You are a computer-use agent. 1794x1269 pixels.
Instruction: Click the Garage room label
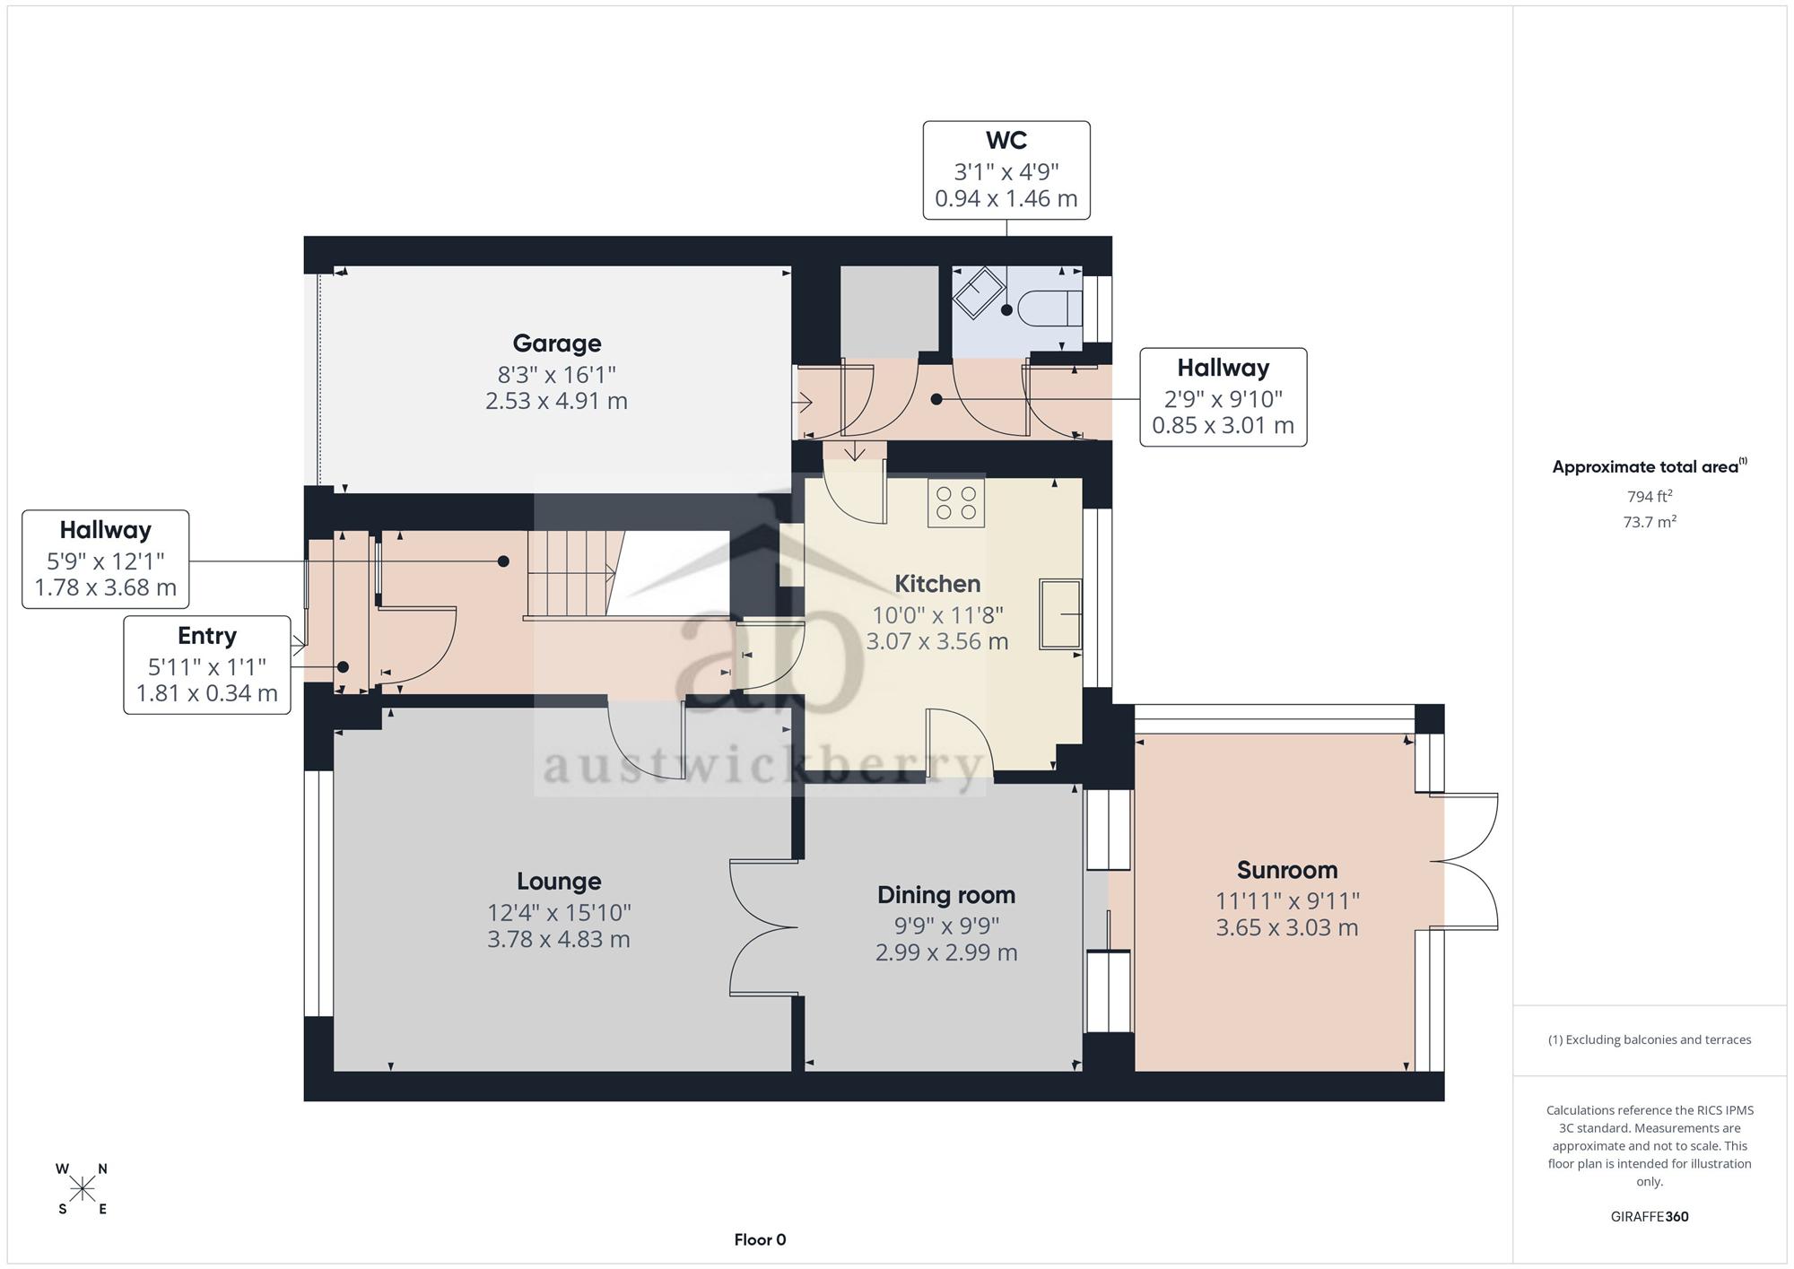(557, 343)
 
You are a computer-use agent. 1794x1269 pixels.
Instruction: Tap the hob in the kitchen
(956, 503)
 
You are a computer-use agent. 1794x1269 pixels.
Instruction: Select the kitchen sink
(1061, 613)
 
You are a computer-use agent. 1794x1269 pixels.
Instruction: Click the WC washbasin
(979, 292)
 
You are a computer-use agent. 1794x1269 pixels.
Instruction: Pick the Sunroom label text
(1287, 870)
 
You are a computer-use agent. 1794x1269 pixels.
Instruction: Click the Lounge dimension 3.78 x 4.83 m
(559, 940)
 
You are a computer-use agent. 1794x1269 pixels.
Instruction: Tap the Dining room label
(946, 895)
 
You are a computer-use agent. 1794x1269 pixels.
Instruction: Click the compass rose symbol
(82, 1189)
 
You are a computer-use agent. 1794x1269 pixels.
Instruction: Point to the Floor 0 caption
(760, 1240)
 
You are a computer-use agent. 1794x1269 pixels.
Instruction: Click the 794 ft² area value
(1650, 496)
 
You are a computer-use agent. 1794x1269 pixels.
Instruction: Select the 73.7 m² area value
(1650, 521)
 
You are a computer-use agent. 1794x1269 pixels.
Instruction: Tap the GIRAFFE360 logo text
(1650, 1217)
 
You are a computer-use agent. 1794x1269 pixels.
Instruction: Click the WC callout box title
(1006, 141)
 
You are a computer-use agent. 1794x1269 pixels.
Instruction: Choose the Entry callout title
(207, 636)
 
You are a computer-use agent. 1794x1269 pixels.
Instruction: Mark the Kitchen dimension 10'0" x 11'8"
(937, 615)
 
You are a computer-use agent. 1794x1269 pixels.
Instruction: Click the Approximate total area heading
(1650, 466)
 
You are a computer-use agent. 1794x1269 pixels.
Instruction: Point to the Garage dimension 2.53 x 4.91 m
(556, 401)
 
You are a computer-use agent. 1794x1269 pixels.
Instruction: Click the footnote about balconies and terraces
(1650, 1040)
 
